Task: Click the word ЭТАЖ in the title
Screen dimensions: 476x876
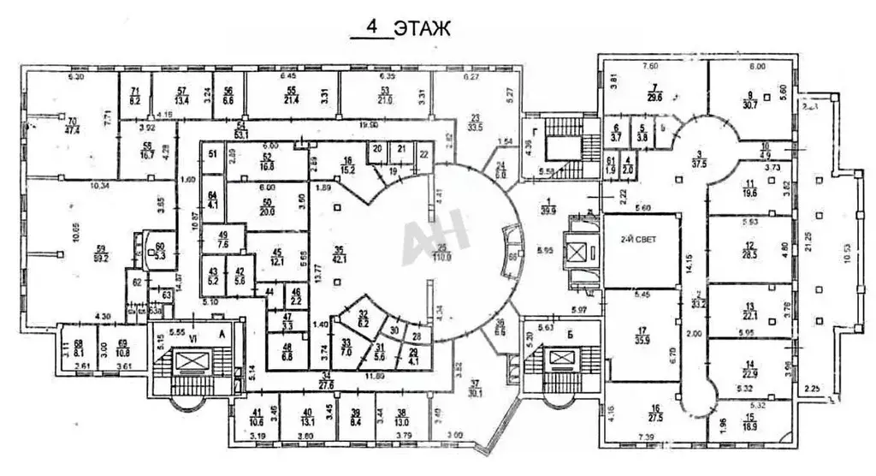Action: [422, 27]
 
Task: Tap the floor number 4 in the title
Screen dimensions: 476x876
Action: [372, 27]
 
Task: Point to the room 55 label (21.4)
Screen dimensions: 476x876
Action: [291, 95]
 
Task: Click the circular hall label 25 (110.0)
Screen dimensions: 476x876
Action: [441, 253]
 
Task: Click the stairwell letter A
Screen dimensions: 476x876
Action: [223, 336]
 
